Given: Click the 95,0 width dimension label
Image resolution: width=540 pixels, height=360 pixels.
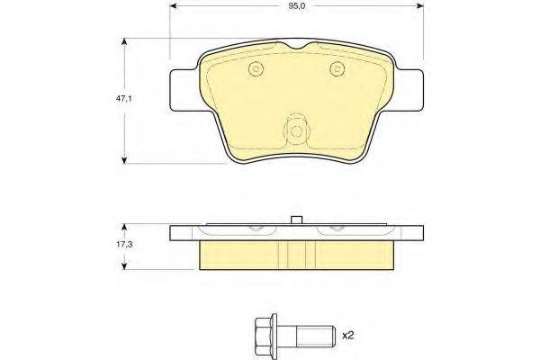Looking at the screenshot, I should pyautogui.click(x=296, y=7).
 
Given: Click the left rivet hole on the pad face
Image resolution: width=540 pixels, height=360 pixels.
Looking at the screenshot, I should pyautogui.click(x=255, y=71).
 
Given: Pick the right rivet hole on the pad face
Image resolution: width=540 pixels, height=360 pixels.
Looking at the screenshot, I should pyautogui.click(x=338, y=71).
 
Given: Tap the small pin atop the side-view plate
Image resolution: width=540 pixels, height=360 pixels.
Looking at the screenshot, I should pyautogui.click(x=296, y=219).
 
